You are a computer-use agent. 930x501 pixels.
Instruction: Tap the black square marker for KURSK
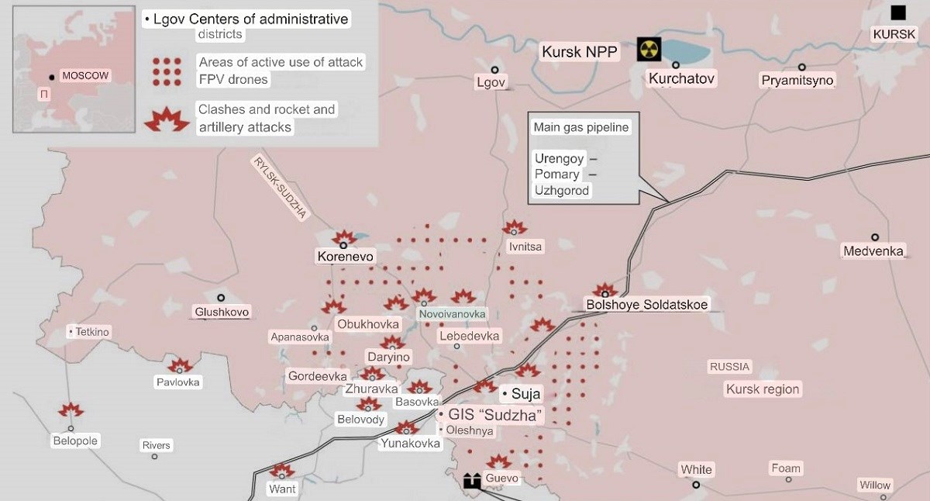(898, 12)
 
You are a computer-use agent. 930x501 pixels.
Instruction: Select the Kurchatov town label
(681, 78)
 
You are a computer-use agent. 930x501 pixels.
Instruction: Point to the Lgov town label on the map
(491, 82)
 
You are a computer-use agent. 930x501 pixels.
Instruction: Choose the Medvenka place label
(873, 251)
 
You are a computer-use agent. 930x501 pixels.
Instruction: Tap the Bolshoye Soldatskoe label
(647, 305)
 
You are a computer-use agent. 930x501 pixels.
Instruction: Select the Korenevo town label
(346, 256)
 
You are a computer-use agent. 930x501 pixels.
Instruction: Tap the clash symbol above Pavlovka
(181, 366)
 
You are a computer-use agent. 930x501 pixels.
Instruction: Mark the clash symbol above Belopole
(71, 410)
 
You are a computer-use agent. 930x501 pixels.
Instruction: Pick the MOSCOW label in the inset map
(85, 76)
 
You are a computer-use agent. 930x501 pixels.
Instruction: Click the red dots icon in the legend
(167, 71)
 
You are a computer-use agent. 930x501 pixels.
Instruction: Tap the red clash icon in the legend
(167, 119)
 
